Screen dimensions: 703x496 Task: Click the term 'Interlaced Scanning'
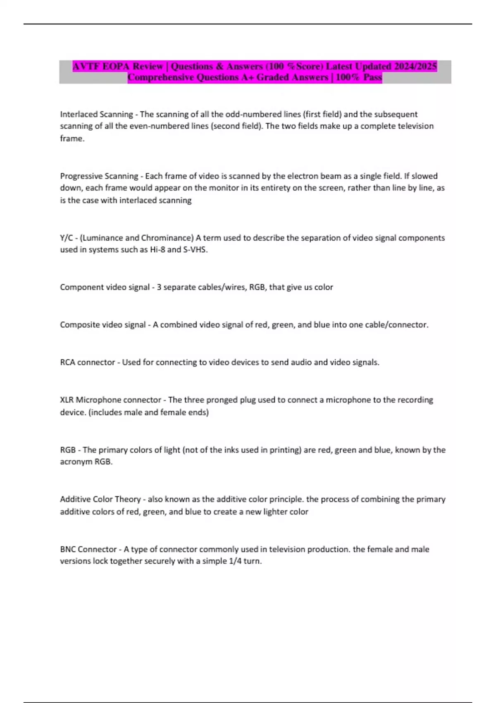[x=96, y=114]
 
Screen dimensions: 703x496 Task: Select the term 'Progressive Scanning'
[x=99, y=176]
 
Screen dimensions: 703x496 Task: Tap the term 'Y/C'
[x=66, y=238]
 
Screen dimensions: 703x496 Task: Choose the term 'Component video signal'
[x=105, y=287]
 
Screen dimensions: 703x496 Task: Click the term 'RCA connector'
[x=88, y=363]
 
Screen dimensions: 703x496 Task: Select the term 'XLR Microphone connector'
[x=110, y=400]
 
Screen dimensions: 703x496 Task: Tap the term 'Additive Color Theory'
[x=100, y=500]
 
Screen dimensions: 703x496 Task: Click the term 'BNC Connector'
[x=88, y=550]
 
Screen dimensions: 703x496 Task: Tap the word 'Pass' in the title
[x=372, y=77]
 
